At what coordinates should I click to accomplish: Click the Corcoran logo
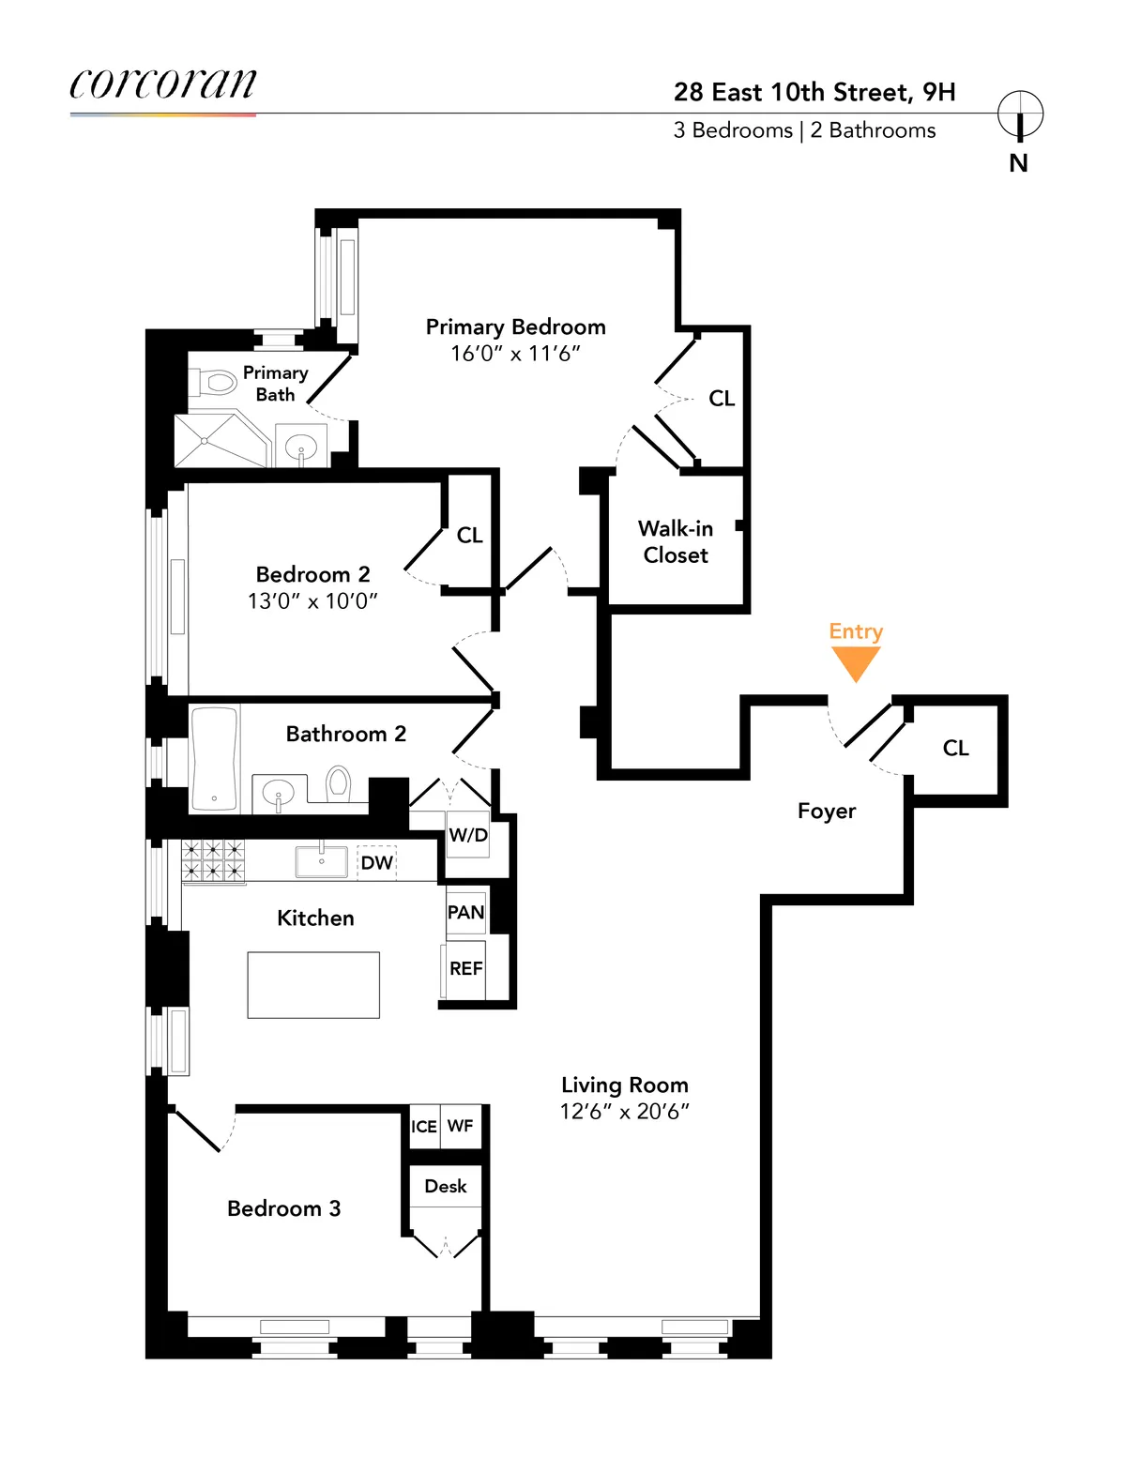162,84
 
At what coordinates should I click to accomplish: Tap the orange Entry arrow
856,663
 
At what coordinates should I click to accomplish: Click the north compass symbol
1020,116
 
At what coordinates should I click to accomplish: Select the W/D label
467,835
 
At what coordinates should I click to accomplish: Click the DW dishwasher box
377,862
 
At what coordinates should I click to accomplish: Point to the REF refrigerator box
465,968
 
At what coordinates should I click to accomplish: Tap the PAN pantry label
465,912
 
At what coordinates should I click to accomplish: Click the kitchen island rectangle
313,985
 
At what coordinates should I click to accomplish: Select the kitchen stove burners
213,860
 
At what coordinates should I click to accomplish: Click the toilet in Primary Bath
215,383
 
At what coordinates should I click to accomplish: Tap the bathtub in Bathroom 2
214,758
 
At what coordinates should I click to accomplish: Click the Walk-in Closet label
676,542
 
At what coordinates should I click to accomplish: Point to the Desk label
446,1186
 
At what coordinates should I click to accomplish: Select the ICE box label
424,1126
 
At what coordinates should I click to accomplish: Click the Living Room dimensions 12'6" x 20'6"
625,1112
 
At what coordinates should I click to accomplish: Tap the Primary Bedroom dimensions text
515,354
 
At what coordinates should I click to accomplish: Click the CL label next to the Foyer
955,748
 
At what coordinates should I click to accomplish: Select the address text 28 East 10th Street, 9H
814,92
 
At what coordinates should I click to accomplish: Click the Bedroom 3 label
283,1208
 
